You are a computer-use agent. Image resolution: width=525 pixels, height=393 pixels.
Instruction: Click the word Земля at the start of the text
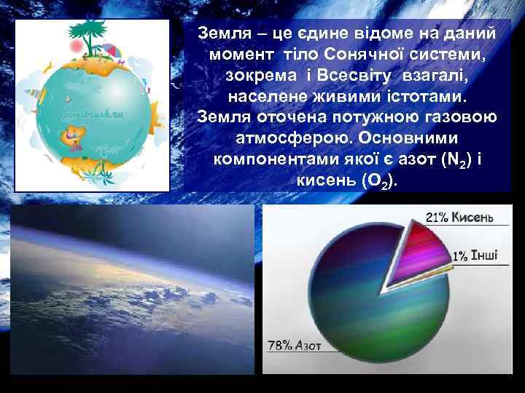point(221,33)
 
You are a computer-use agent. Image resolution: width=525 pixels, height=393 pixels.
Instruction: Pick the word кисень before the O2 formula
point(324,179)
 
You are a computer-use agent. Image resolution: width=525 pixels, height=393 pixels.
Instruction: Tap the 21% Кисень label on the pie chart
point(460,217)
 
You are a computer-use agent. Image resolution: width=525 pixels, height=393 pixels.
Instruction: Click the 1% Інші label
point(475,255)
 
